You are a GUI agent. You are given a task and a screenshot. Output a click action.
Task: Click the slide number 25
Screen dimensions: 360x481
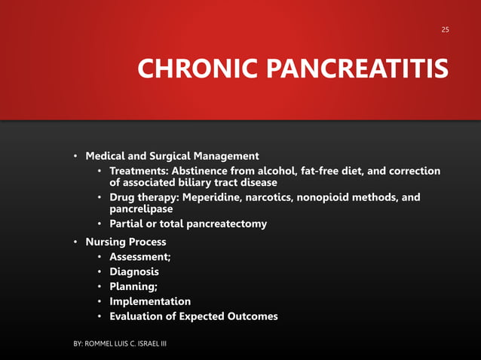(x=445, y=29)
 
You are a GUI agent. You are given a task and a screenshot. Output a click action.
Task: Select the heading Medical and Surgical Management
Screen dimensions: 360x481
(x=173, y=156)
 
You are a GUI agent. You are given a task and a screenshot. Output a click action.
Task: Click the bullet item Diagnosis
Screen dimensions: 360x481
(x=134, y=272)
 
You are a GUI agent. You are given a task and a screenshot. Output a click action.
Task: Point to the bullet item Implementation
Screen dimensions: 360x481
(x=150, y=301)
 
